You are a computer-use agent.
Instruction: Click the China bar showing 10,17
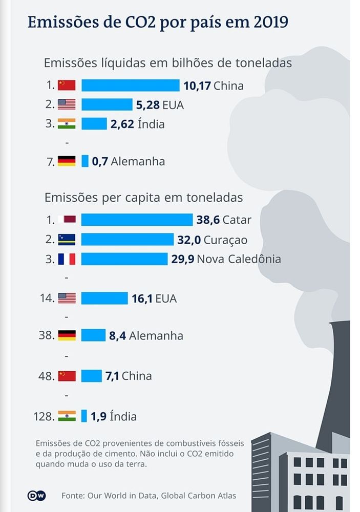pos(130,86)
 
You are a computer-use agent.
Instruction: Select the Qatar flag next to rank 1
pos(67,220)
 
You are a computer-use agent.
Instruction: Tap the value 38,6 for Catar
pos(208,220)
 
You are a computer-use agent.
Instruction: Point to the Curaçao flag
pos(67,239)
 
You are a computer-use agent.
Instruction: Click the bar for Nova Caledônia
pos(124,259)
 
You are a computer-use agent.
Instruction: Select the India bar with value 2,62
pos(94,124)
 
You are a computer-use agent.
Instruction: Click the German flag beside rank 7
pos(67,161)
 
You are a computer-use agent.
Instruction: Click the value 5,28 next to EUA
pos(147,105)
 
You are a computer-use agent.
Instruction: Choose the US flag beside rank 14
pos(67,298)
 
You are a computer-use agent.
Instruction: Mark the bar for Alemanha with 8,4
pos(93,335)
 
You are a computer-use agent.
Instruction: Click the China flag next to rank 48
pos(67,376)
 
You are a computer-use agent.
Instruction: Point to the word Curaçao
pos(225,239)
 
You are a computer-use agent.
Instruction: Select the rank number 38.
pos(46,335)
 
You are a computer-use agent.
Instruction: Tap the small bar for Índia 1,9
pos(84,416)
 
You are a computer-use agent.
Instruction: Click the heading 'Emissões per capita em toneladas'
pos(143,197)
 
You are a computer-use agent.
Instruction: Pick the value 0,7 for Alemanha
pos(100,161)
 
